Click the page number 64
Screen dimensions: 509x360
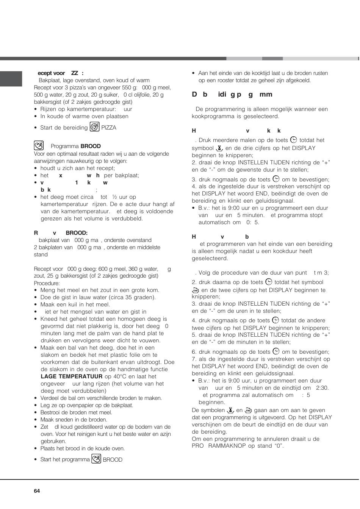[x=37, y=491]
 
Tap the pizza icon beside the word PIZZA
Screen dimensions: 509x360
[x=94, y=127]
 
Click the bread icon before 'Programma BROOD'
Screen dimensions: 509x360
[x=39, y=146]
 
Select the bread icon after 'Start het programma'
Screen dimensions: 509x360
[x=96, y=459]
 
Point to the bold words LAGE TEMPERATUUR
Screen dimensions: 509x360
[x=72, y=376]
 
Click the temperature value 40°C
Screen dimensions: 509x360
[x=120, y=376]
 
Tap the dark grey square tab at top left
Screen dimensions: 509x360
[x=11, y=79]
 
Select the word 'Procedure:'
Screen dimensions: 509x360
[x=47, y=283]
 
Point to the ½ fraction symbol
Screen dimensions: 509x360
[x=114, y=197]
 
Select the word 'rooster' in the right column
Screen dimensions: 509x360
[x=226, y=80]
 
